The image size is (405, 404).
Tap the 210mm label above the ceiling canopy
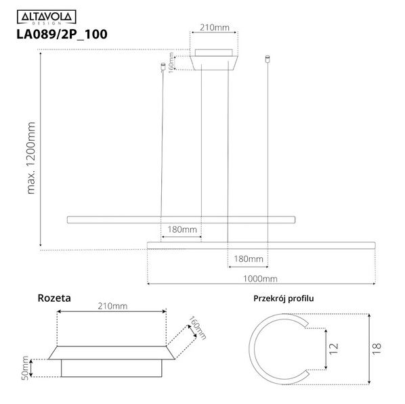(x=215, y=28)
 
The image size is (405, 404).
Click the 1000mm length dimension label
(x=261, y=278)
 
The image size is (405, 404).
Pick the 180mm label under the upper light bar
(x=182, y=229)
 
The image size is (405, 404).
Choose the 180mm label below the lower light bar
(x=248, y=259)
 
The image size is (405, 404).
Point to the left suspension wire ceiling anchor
(x=162, y=66)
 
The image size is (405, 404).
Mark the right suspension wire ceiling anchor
(x=270, y=60)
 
